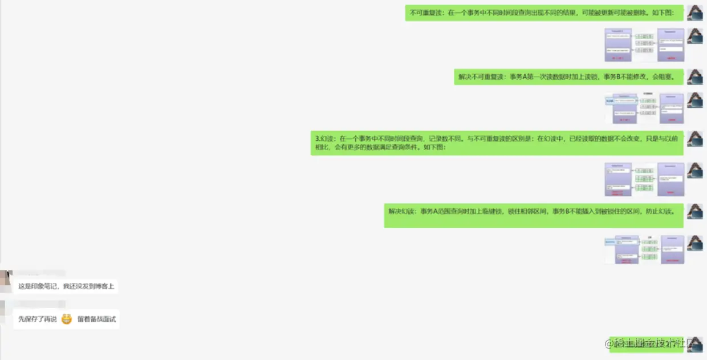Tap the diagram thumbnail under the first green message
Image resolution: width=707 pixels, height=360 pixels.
tap(644, 45)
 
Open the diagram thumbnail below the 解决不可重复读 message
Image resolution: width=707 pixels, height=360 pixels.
tap(644, 108)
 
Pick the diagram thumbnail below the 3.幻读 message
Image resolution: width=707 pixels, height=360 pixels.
tap(644, 179)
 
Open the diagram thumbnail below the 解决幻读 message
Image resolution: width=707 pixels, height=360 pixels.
tap(644, 249)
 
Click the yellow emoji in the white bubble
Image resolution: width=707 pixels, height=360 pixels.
tap(67, 319)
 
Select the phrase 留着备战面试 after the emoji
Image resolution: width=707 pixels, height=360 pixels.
tap(96, 319)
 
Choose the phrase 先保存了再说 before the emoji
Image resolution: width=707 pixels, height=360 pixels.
tap(38, 319)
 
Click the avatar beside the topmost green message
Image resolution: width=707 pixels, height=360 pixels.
tap(694, 13)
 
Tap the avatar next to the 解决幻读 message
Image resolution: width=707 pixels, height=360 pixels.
tap(694, 212)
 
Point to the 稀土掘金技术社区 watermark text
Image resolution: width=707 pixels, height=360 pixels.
tap(656, 343)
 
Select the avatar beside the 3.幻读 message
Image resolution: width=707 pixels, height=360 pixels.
tap(694, 139)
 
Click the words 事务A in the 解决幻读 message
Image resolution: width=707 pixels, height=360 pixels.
tap(427, 211)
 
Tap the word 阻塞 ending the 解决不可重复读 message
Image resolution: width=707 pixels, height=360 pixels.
tap(666, 77)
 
